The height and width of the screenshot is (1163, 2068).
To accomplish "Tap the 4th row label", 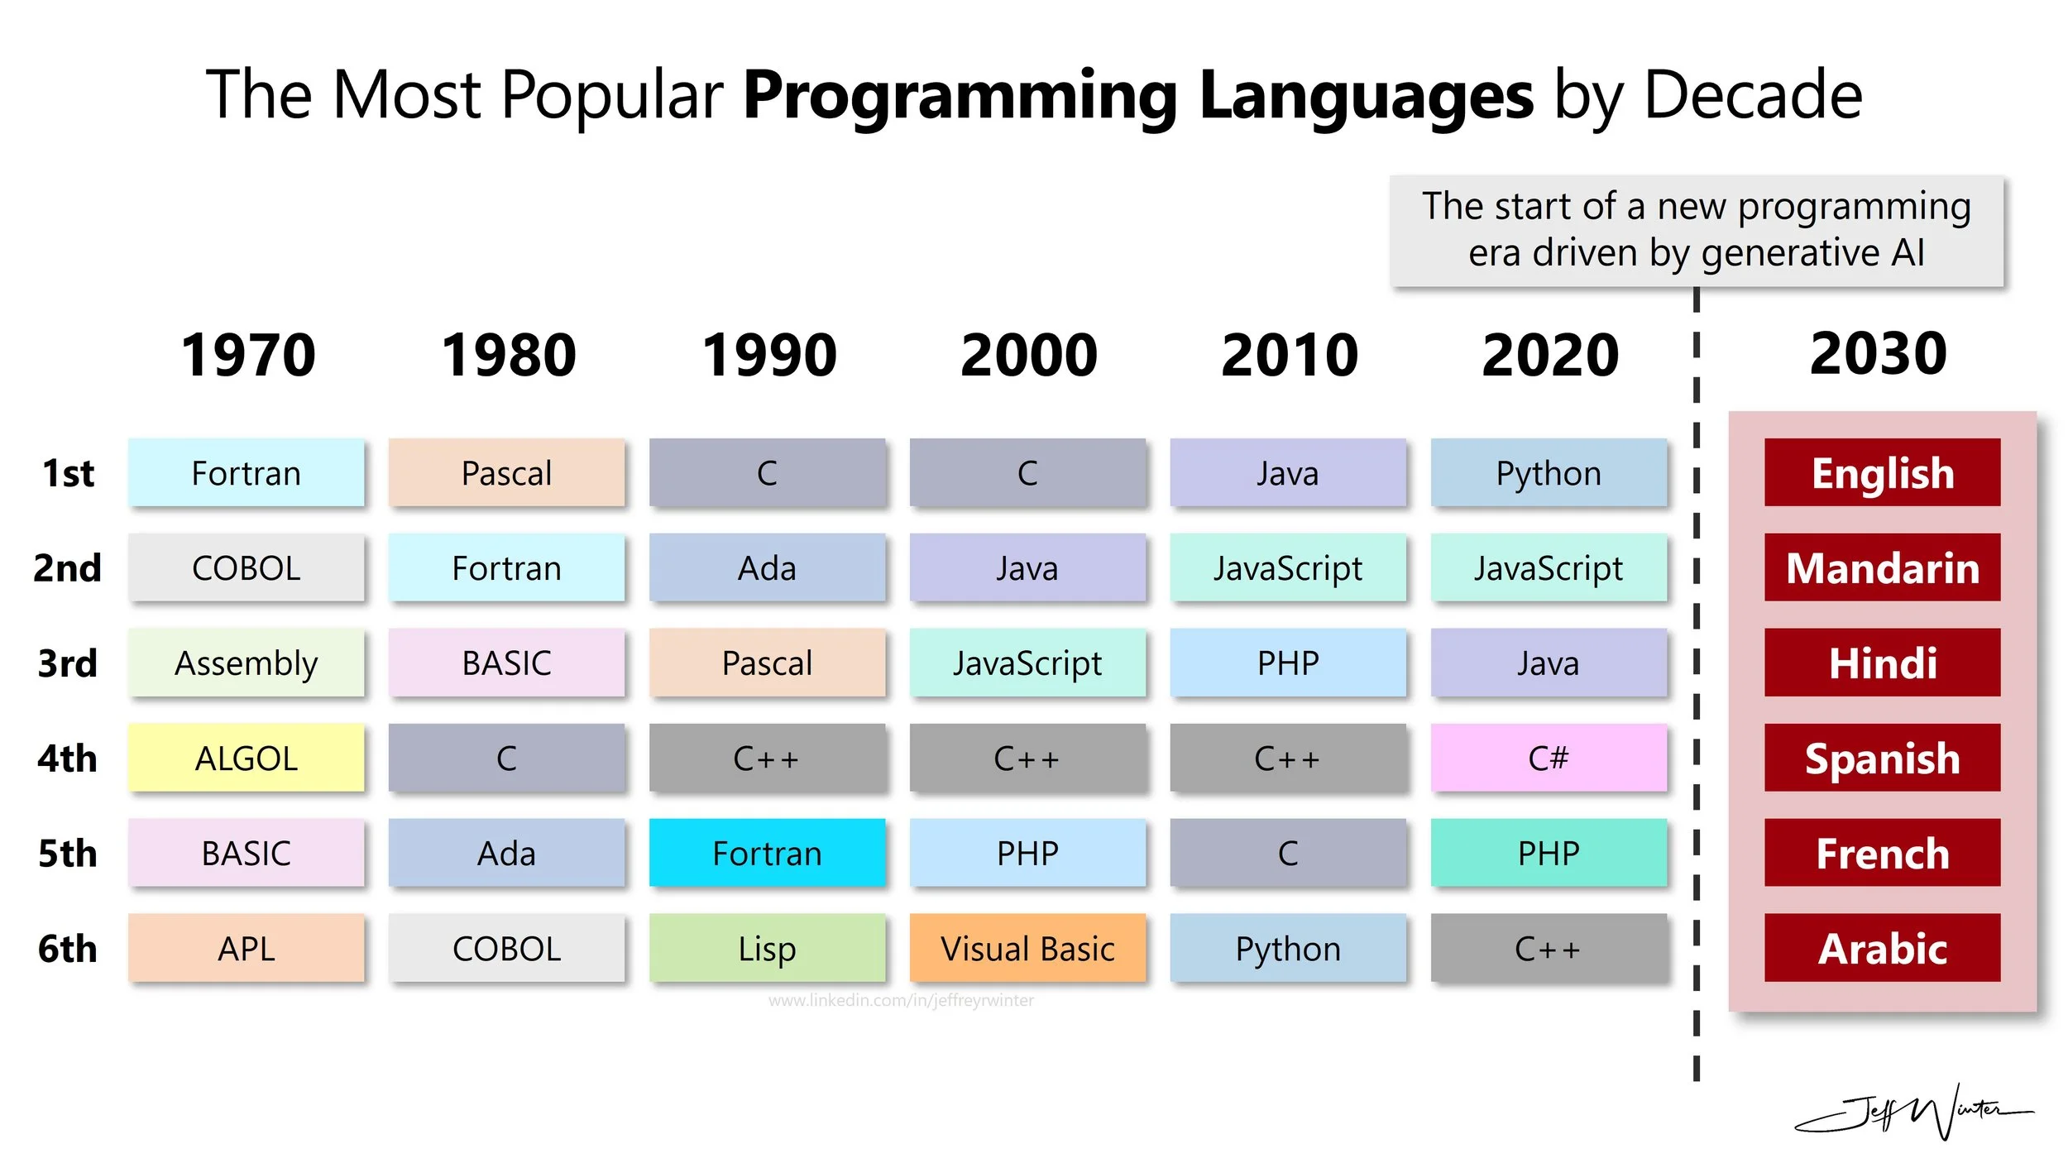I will point(67,759).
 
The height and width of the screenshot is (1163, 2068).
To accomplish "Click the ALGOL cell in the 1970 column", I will point(246,758).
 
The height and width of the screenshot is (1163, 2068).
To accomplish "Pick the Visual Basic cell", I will point(1027,948).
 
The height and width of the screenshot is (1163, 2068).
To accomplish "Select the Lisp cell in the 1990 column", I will point(767,948).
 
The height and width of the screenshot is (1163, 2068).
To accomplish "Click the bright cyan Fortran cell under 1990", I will point(767,853).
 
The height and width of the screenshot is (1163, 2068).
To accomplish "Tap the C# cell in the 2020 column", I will point(1549,758).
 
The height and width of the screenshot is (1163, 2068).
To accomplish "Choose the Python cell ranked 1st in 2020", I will point(1549,473).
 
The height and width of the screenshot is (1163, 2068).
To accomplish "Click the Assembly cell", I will point(246,663).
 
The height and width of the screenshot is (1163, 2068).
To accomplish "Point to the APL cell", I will point(246,948).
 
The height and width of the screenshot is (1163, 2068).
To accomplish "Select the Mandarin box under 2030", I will point(1882,567).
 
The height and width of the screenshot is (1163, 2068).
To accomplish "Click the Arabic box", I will point(1882,948).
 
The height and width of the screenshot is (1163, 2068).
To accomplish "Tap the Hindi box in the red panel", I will point(1882,663).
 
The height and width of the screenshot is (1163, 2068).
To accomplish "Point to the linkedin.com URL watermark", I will point(901,1001).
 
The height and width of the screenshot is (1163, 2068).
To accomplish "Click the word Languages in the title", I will point(1366,95).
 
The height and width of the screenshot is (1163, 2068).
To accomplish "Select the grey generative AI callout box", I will point(1696,230).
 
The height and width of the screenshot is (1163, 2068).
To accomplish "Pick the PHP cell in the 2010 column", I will point(1288,663).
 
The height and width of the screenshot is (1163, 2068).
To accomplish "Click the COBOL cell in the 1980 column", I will point(506,948).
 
